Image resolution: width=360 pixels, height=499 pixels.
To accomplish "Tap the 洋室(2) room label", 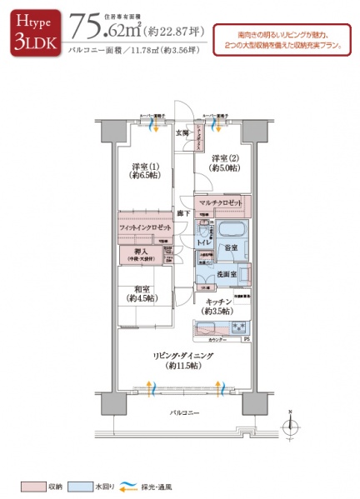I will (x=224, y=163).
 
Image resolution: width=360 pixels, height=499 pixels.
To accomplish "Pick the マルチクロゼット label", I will (x=221, y=203).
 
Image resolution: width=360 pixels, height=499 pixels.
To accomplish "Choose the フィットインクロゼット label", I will (x=145, y=227).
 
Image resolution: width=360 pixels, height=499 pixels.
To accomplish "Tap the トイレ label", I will (x=203, y=242).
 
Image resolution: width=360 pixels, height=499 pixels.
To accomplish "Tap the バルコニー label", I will (x=183, y=412).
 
